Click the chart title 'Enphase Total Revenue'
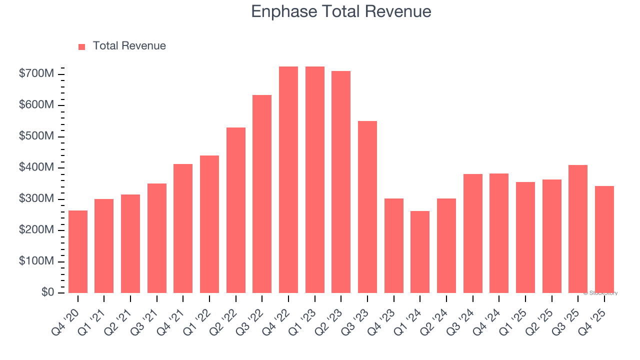tap(341, 11)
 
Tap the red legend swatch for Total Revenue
tap(82, 46)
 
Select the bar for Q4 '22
tap(288, 180)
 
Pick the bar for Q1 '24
tap(420, 252)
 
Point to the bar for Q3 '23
tap(367, 207)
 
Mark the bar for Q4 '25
tap(604, 239)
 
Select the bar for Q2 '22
tap(236, 210)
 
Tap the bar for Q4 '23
tap(394, 245)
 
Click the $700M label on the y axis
tap(36, 74)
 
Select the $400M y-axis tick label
tap(36, 167)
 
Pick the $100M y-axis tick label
tap(36, 261)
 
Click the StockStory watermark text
tap(600, 293)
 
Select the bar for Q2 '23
tap(341, 182)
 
